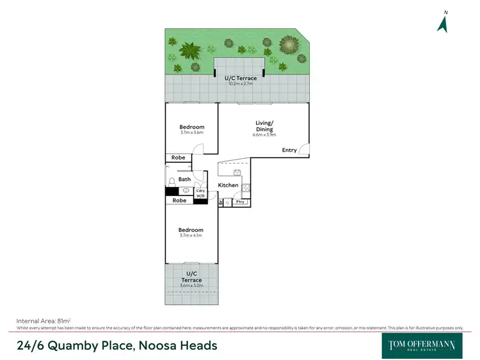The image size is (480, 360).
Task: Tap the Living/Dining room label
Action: [264, 126]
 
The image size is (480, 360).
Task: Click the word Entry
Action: [289, 150]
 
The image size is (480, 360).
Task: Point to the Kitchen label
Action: [228, 185]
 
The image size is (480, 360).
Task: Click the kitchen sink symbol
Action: [237, 172]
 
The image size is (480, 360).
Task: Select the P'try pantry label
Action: [241, 202]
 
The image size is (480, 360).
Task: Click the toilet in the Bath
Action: [172, 181]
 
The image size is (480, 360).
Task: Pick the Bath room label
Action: [184, 179]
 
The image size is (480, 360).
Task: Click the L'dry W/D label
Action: [200, 193]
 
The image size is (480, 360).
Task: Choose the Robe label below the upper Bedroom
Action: [179, 157]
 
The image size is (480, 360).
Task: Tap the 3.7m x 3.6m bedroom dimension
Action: [191, 133]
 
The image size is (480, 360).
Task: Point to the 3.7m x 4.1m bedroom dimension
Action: [191, 236]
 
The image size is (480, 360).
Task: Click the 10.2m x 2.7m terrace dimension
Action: [241, 83]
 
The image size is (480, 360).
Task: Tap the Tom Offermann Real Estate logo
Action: [422, 345]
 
